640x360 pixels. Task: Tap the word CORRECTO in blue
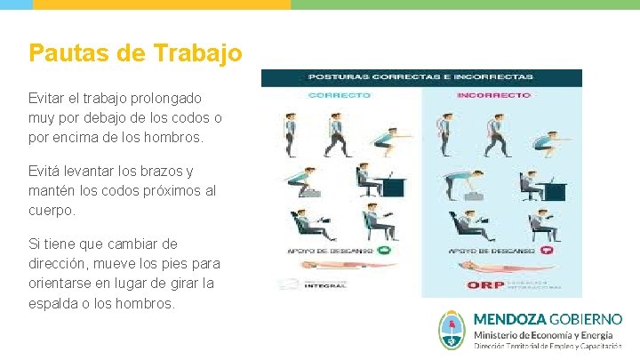point(339,94)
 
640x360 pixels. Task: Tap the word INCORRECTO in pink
point(493,94)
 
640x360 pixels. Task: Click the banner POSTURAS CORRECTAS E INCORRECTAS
point(420,77)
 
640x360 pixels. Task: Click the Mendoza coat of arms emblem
point(452,330)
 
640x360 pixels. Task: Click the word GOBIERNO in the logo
point(586,319)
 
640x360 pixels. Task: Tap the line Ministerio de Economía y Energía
point(542,334)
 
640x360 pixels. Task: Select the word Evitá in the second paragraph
point(46,172)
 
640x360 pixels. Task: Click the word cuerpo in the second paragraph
point(52,211)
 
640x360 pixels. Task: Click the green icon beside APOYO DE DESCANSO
point(384,251)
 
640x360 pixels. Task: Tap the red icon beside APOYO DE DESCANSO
point(548,251)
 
